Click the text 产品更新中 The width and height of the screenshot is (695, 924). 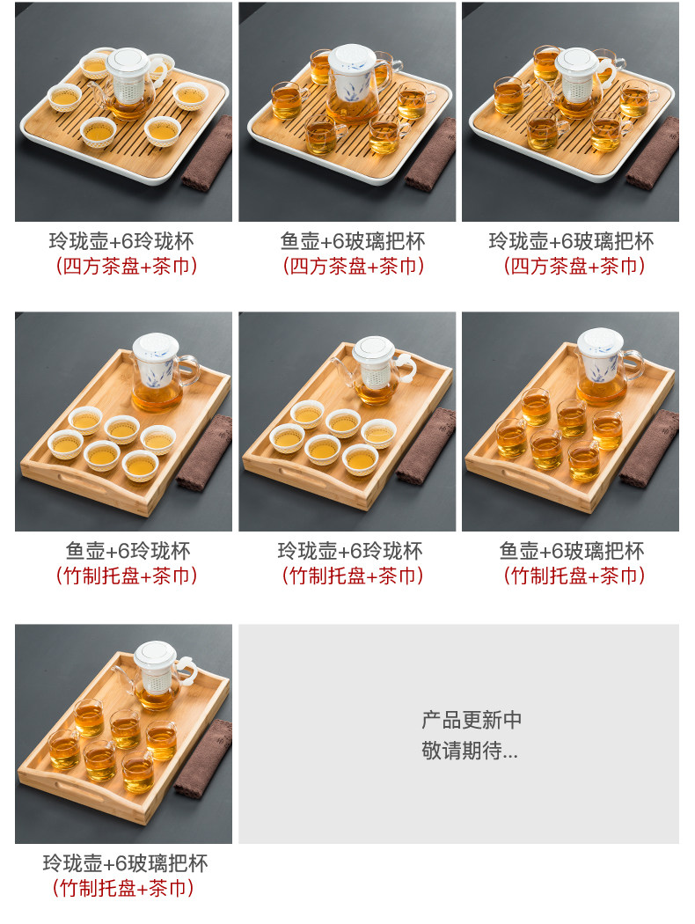point(472,720)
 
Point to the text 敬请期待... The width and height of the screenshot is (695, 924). point(462,750)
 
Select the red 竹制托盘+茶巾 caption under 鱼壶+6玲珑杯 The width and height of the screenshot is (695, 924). point(126,576)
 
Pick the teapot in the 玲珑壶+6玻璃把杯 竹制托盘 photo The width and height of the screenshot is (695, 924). point(154,675)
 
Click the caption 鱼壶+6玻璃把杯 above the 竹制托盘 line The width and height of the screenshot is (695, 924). point(571,551)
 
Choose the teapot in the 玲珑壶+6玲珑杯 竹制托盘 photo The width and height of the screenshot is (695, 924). point(375,370)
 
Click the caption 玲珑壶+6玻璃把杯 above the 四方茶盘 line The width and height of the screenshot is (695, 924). point(571,241)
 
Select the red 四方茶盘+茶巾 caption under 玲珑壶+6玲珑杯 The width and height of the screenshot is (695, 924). point(126,267)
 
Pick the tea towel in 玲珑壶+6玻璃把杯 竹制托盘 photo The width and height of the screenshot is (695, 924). point(204,759)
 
